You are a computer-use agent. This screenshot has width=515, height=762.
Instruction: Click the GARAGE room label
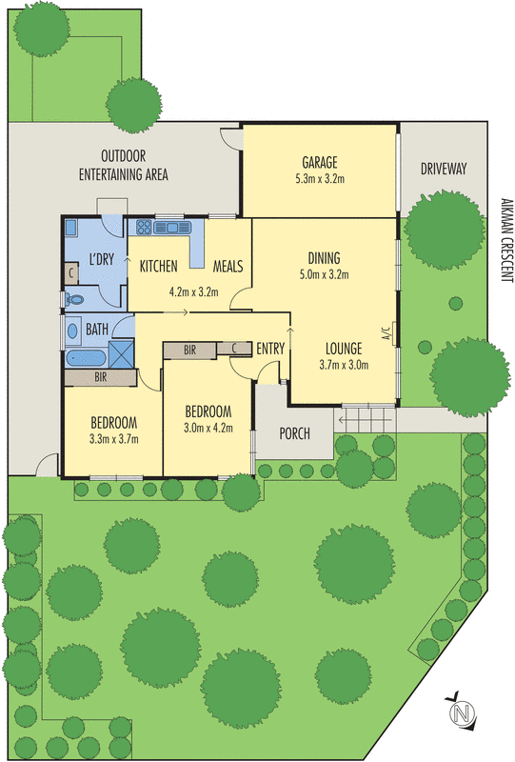pos(320,162)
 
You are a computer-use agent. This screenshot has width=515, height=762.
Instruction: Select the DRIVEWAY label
pos(444,170)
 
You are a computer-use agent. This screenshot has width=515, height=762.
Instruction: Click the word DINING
pos(324,258)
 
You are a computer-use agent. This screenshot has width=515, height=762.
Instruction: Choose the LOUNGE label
pos(344,348)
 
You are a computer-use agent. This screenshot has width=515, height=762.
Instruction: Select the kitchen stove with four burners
pos(145,228)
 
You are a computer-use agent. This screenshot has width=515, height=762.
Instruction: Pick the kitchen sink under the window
pos(173,228)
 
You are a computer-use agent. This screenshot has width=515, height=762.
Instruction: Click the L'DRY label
pos(102,260)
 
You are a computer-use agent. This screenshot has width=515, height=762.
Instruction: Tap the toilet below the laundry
pos(76,299)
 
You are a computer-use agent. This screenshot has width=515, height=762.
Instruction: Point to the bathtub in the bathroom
pos(87,360)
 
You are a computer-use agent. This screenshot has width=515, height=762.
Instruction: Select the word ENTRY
pos(270,350)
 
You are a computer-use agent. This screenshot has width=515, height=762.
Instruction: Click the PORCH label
pos(295,434)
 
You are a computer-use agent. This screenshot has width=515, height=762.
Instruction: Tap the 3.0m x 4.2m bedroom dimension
pos(208,428)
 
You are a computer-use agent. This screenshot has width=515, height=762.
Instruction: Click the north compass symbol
pos(463,712)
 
